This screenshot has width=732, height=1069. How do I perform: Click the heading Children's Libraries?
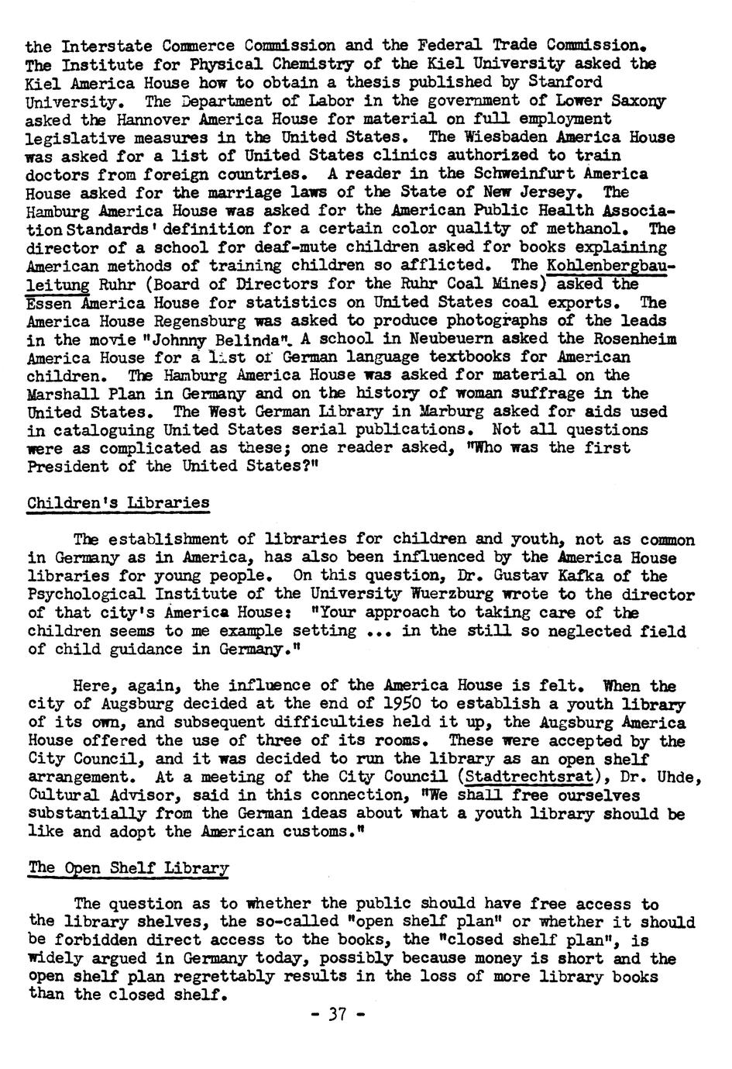click(118, 502)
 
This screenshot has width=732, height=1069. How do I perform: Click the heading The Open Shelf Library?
click(128, 867)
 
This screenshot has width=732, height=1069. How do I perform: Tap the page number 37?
click(337, 1014)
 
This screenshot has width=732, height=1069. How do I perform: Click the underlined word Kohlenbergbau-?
click(610, 265)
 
